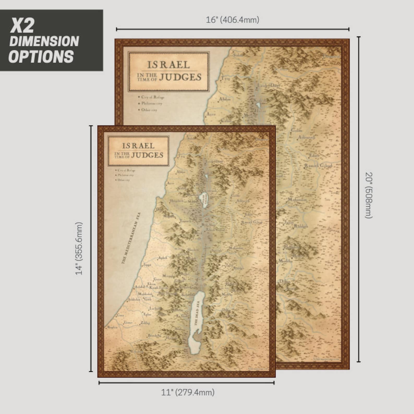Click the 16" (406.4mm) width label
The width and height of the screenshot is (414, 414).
[x=233, y=20]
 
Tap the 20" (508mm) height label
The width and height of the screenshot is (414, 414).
[x=369, y=195]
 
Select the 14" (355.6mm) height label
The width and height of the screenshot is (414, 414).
[x=79, y=248]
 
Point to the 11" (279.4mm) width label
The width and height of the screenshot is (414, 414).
[x=188, y=392]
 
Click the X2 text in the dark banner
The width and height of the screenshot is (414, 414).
[x=22, y=26]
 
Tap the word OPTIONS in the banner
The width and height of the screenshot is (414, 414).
[x=41, y=57]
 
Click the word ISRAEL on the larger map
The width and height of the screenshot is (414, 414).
[x=168, y=65]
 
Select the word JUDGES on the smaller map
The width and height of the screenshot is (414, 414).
[x=147, y=155]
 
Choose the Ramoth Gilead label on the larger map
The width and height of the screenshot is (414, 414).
[x=318, y=166]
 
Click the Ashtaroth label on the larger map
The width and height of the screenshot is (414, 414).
[x=307, y=137]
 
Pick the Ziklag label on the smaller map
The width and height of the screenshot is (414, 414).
[x=145, y=323]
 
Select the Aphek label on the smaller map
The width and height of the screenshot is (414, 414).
[x=162, y=258]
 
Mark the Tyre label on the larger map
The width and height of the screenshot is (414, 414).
[x=225, y=78]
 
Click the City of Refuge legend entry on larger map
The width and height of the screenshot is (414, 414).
[x=153, y=97]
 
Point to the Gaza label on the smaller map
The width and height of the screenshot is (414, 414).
[x=120, y=315]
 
